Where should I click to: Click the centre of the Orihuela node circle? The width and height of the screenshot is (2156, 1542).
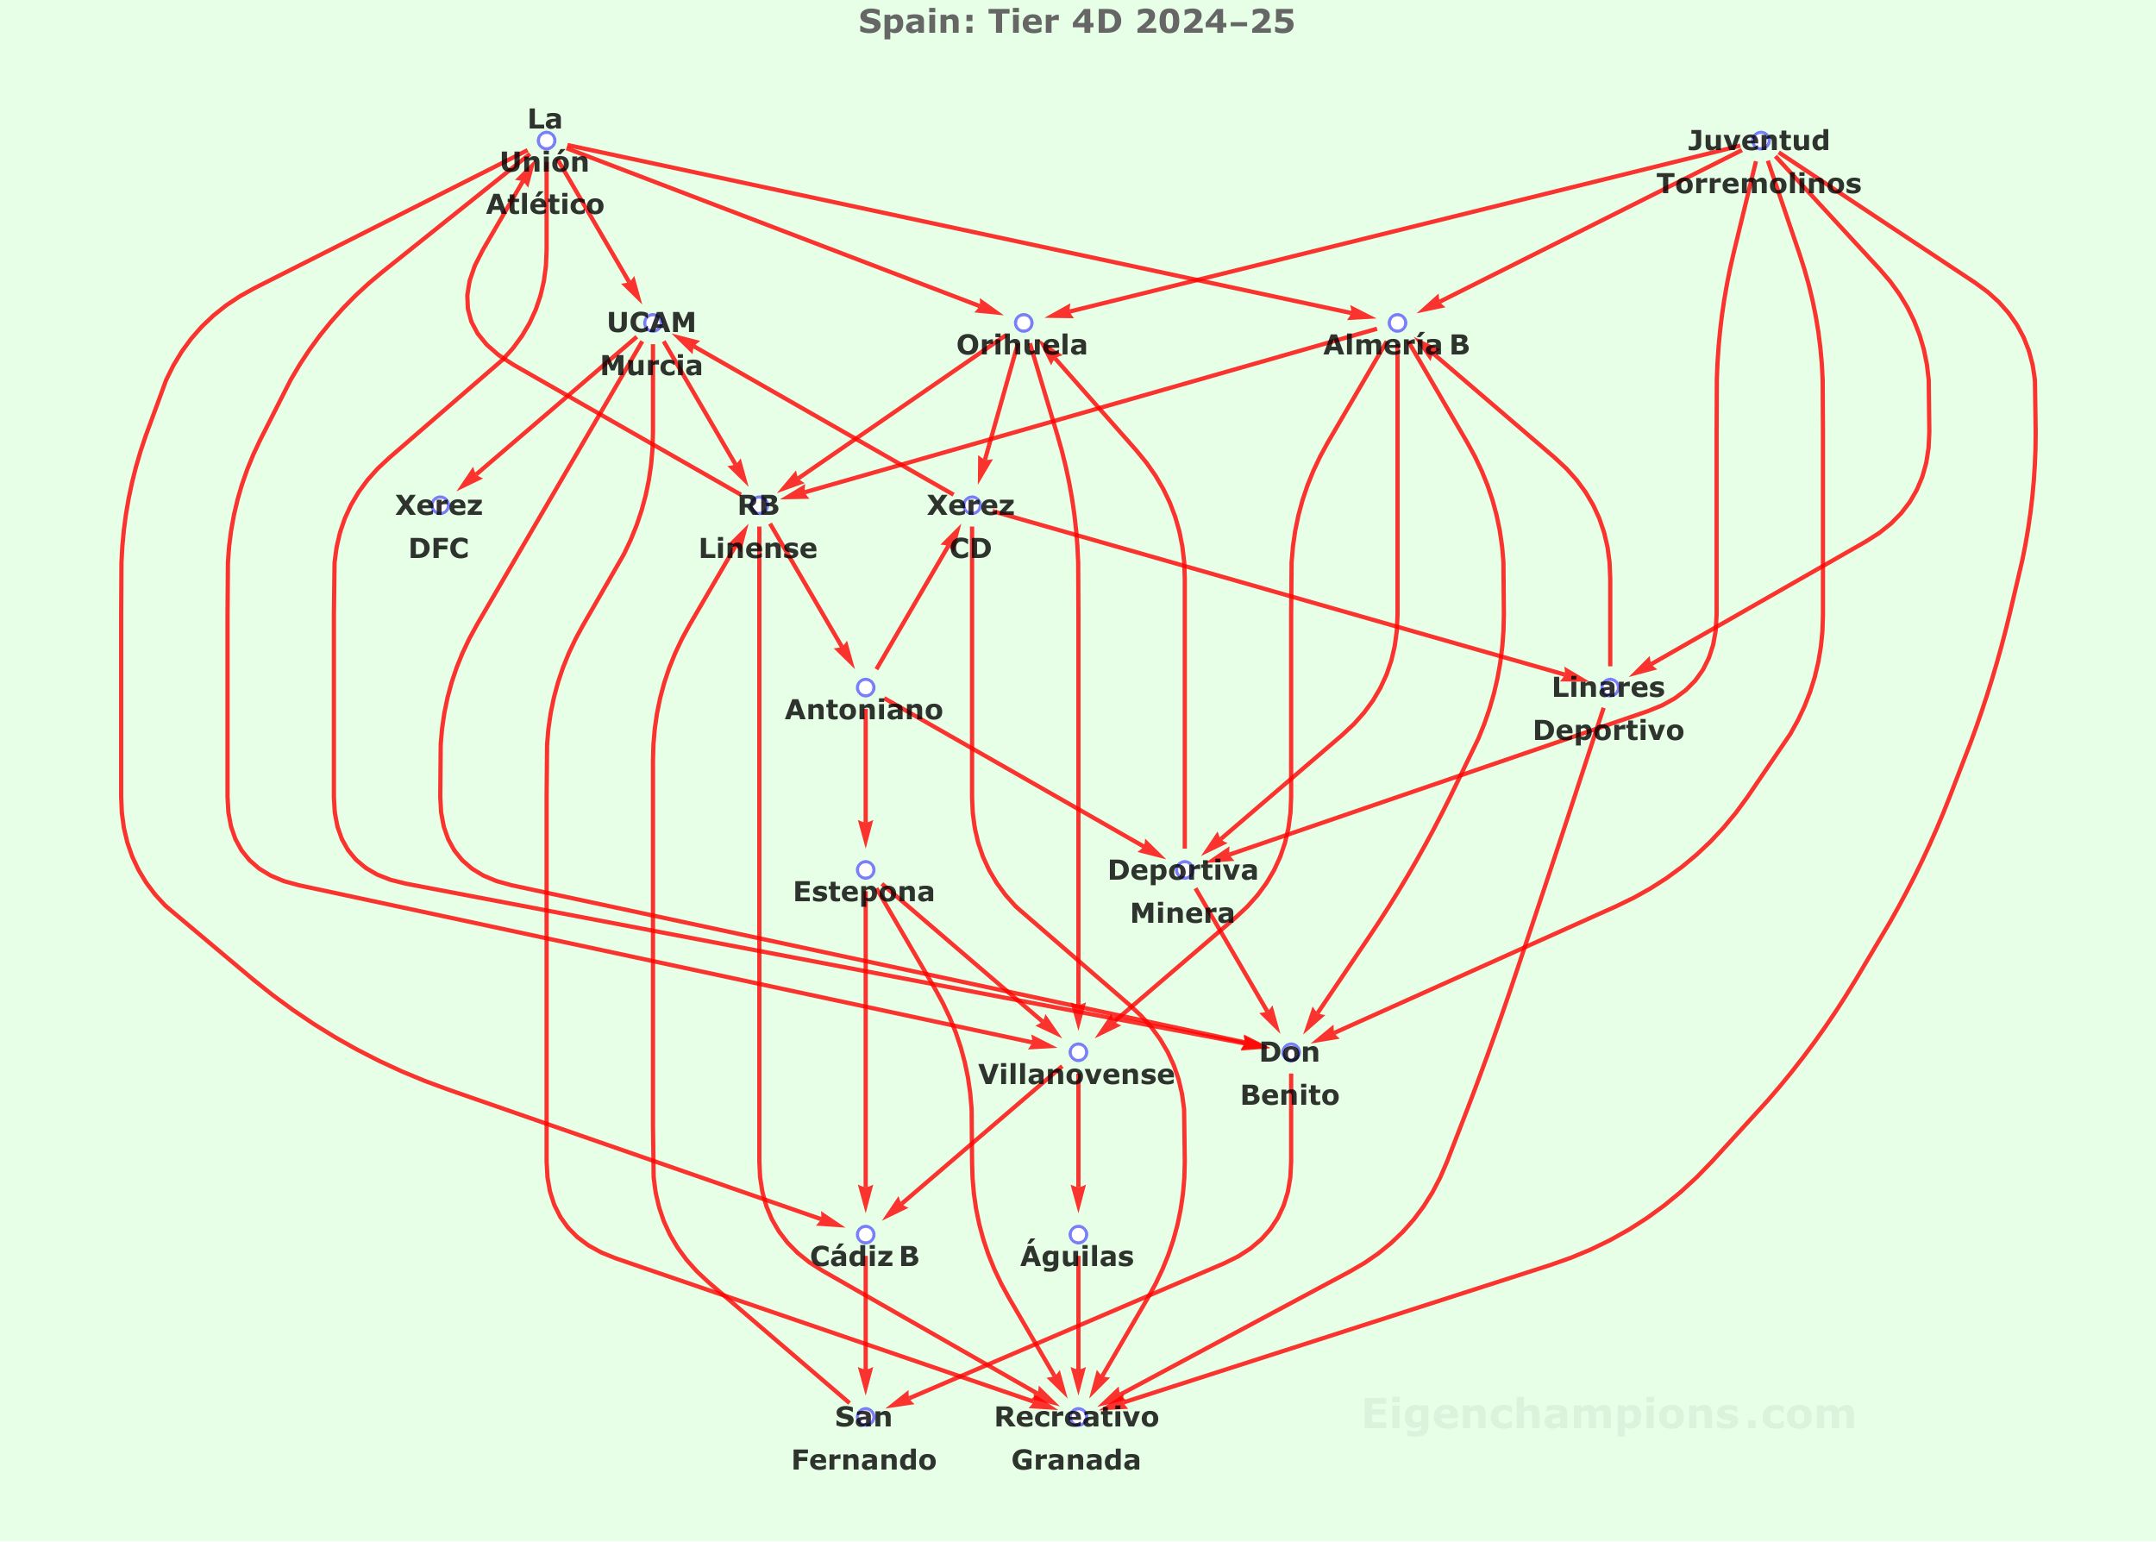pyautogui.click(x=1023, y=323)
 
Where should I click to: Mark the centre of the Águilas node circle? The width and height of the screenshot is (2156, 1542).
pyautogui.click(x=1077, y=1234)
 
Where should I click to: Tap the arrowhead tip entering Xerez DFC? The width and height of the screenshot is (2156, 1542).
pyautogui.click(x=458, y=489)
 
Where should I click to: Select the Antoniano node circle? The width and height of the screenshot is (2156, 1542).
pyautogui.click(x=865, y=687)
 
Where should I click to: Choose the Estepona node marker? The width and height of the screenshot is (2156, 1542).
pyautogui.click(x=865, y=870)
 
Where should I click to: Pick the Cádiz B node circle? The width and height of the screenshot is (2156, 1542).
pyautogui.click(x=865, y=1234)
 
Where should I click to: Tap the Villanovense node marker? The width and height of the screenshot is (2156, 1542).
pyautogui.click(x=1077, y=1052)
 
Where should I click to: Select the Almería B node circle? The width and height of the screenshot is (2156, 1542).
pyautogui.click(x=1396, y=323)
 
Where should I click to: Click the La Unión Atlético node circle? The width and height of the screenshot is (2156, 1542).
pyautogui.click(x=546, y=141)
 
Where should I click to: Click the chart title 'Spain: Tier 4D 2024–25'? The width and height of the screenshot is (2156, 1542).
pyautogui.click(x=1076, y=21)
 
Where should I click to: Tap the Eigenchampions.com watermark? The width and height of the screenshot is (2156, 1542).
pyautogui.click(x=1608, y=1414)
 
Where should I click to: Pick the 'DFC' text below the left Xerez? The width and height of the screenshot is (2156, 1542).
pyautogui.click(x=439, y=548)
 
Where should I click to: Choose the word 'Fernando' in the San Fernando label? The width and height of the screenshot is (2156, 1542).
pyautogui.click(x=864, y=1460)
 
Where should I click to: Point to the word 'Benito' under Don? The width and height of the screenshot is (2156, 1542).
pyautogui.click(x=1289, y=1096)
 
